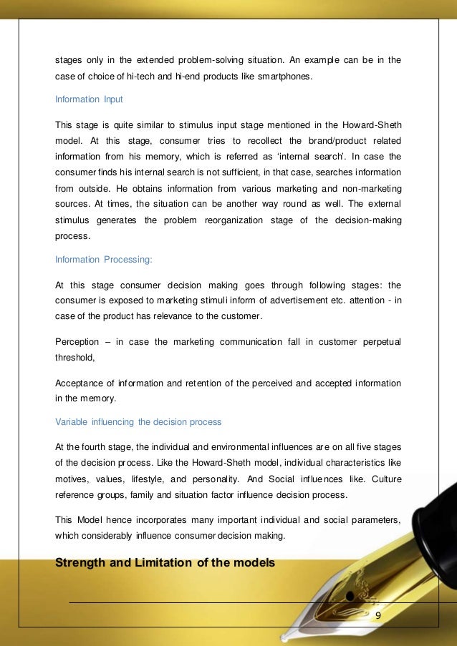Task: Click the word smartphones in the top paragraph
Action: tap(287, 77)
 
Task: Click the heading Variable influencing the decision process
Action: tap(138, 421)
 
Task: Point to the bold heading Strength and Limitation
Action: tap(165, 562)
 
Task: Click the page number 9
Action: tap(377, 616)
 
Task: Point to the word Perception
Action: tap(80, 342)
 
